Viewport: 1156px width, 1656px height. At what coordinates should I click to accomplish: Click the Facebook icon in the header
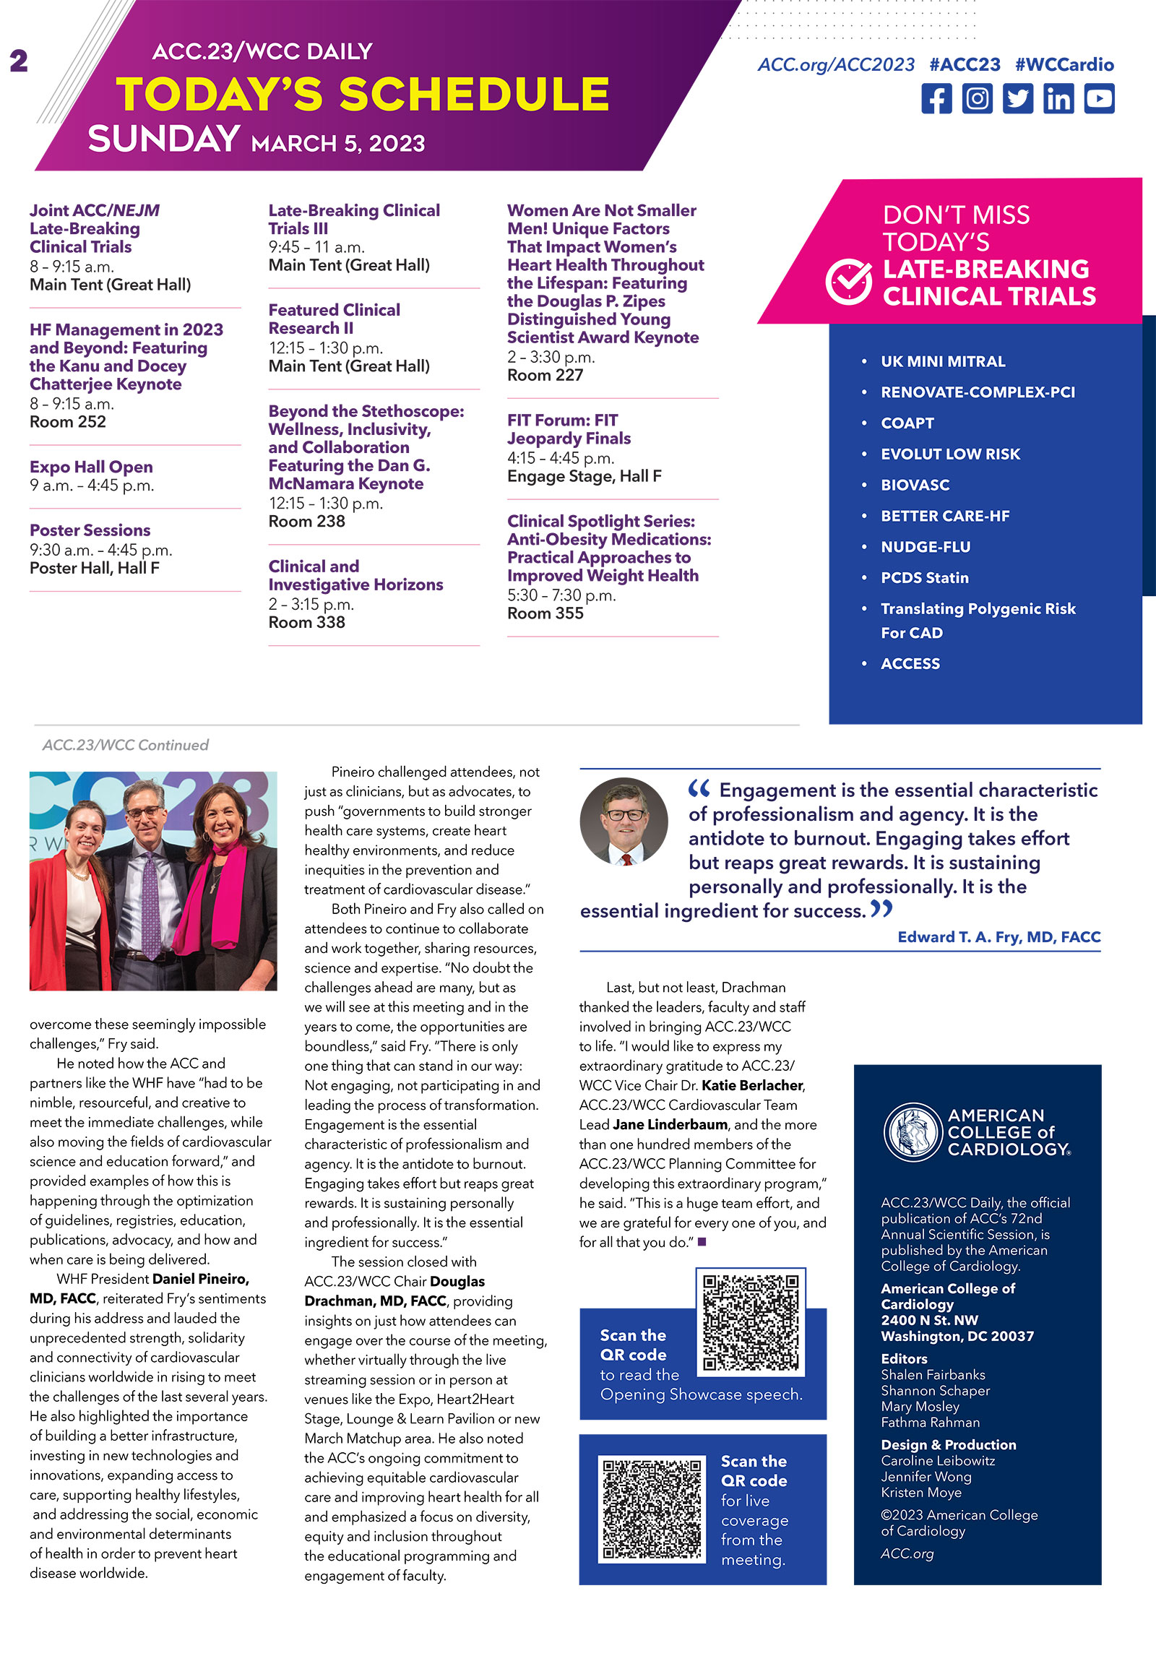pos(936,98)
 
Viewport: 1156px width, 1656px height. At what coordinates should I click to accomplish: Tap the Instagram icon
pos(977,98)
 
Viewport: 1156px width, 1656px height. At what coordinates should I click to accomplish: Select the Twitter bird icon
pos(1017,98)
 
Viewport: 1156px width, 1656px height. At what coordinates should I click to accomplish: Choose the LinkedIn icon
pos(1058,98)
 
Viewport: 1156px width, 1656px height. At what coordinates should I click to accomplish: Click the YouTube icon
pos(1099,98)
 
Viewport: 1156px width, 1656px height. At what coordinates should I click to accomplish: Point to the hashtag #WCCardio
pos(1064,64)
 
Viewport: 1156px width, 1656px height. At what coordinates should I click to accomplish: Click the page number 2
pos(19,61)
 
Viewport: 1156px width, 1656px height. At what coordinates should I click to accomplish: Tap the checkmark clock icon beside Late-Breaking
pos(848,282)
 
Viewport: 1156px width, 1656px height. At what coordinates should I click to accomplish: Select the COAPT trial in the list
pos(907,423)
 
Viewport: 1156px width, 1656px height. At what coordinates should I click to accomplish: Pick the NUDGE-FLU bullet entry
pos(926,547)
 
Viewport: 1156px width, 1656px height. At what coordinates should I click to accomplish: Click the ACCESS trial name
pos(910,663)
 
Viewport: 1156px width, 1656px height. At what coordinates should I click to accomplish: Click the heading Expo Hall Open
pos(91,467)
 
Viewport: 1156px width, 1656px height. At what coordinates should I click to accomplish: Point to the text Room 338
pos(307,622)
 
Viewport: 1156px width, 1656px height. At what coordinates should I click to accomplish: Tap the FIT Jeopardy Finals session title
pos(569,429)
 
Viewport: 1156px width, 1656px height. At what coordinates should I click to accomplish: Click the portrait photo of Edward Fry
pos(624,821)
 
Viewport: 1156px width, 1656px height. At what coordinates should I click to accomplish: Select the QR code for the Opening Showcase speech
pos(751,1321)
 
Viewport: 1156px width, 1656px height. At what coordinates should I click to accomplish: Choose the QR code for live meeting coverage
pos(652,1509)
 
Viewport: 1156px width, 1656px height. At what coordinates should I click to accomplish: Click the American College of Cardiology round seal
pos(913,1132)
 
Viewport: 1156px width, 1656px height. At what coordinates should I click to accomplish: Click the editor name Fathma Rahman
pos(930,1422)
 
